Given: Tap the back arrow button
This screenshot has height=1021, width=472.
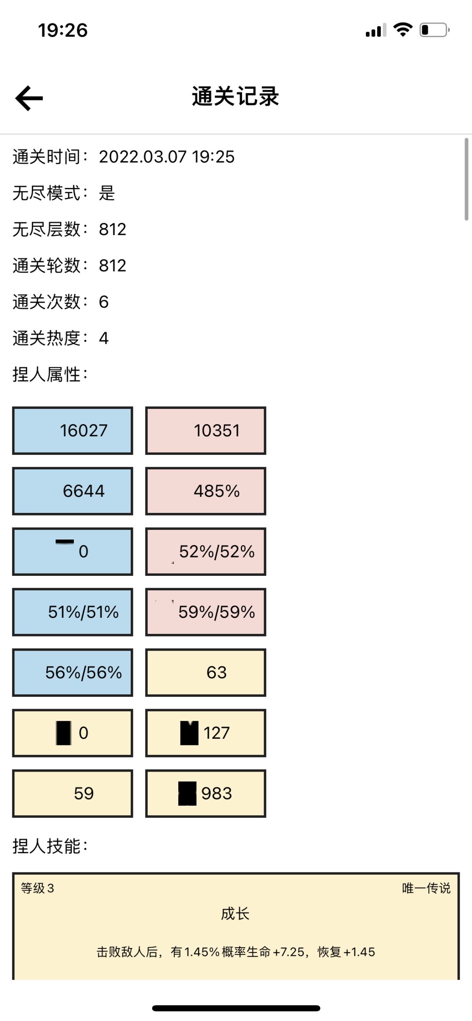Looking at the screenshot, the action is (x=29, y=98).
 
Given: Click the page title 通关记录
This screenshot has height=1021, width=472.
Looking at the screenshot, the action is (x=236, y=96).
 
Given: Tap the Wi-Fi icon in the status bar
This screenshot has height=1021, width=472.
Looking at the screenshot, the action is (x=403, y=30).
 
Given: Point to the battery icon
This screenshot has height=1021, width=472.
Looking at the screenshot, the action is (x=434, y=30).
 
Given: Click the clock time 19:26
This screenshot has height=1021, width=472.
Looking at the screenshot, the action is (x=63, y=31).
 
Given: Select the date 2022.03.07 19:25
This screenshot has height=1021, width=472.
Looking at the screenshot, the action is (x=167, y=157).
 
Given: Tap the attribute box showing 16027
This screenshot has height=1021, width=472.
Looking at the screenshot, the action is (x=73, y=431).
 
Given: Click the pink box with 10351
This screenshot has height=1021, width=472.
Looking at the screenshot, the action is (x=205, y=431).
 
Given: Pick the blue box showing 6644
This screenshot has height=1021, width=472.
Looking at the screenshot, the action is (x=73, y=491).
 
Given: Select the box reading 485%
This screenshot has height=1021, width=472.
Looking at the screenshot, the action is (x=205, y=491).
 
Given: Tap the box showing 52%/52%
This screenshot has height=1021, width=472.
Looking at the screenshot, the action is (x=205, y=551).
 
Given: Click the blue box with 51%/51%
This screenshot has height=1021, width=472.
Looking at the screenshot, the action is (x=73, y=612).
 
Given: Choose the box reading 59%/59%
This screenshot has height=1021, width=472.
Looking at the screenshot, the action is (x=205, y=612).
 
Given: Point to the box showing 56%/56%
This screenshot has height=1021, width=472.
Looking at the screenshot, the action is (x=73, y=672).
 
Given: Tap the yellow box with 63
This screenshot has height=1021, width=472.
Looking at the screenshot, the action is (x=205, y=672).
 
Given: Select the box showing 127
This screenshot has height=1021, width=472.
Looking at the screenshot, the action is (x=205, y=733).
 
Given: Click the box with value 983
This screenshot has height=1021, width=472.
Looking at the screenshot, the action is (x=205, y=793).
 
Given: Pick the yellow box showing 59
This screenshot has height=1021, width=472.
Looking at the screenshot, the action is (x=73, y=793).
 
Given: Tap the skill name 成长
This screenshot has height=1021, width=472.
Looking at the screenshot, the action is (x=235, y=914).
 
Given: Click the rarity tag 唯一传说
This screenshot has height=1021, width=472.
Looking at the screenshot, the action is (x=426, y=888).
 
